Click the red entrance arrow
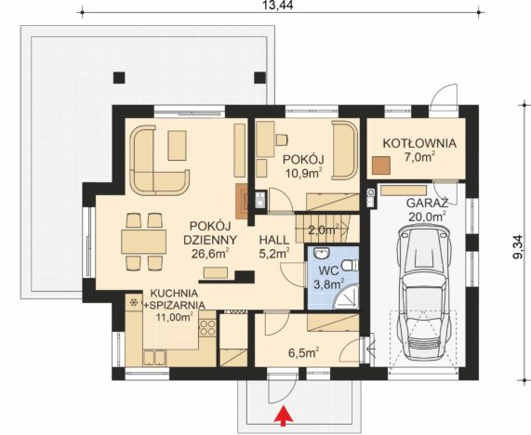point(285,415)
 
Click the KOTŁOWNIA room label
point(419,143)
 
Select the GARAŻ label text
point(427,204)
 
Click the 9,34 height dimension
point(519,247)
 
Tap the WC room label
point(328,270)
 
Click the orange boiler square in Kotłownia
point(380,165)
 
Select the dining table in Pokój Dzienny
point(143,242)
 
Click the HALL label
point(274,240)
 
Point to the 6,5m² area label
point(303,352)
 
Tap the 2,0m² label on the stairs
point(324,230)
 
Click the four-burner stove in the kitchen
point(207,328)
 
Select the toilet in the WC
point(350,265)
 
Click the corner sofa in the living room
point(160,160)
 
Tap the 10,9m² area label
point(303,173)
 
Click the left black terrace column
point(119,77)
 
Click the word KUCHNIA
point(174,293)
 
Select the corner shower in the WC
point(347,297)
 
